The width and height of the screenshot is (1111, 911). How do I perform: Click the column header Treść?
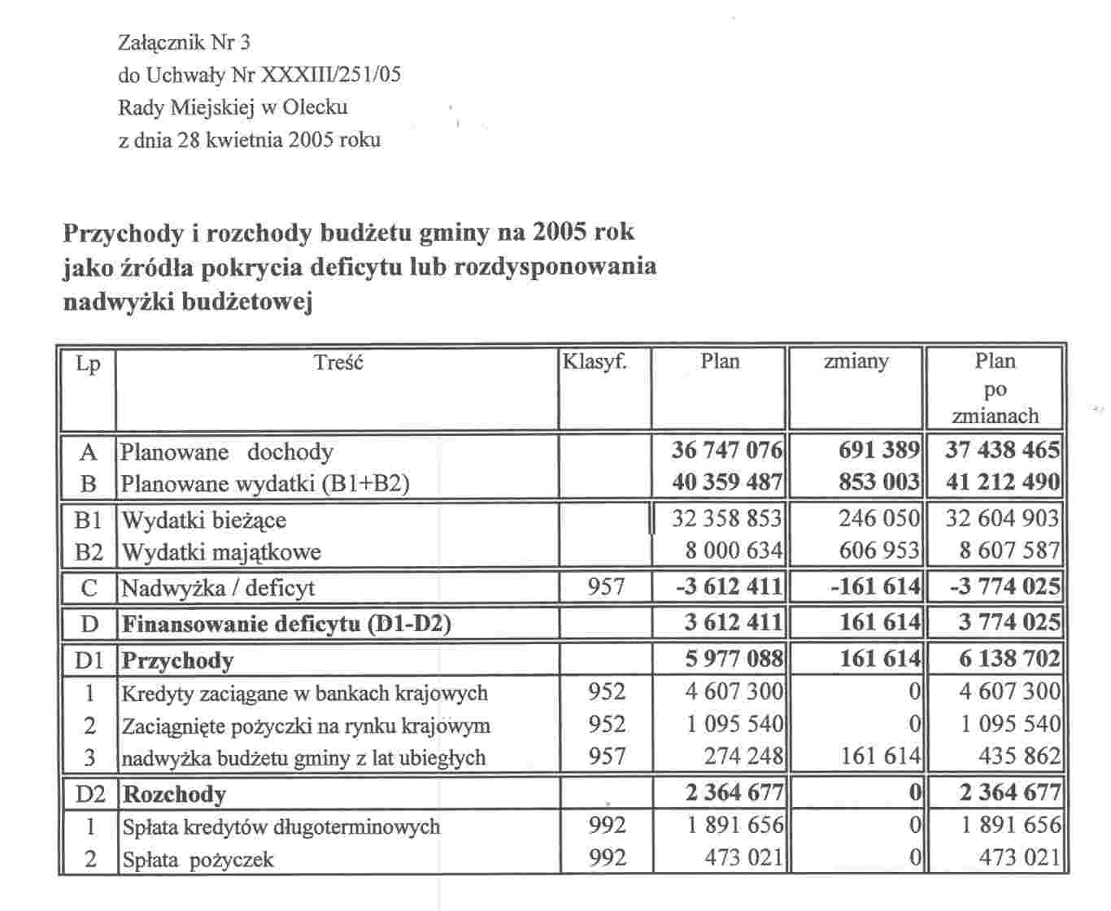point(338,363)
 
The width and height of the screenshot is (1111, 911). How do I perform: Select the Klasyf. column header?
point(595,361)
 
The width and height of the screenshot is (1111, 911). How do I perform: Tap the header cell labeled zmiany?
point(856,361)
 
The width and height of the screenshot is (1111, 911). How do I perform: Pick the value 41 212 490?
point(1002,483)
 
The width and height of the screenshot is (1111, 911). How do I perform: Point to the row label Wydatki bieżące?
point(203,520)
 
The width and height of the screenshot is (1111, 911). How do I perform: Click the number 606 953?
point(879,551)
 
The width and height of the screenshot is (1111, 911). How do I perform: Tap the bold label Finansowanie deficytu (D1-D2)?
point(285,624)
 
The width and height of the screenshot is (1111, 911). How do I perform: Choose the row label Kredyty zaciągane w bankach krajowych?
point(304,694)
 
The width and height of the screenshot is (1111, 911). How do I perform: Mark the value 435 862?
point(1019,756)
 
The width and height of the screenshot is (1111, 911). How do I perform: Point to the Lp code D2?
point(89,793)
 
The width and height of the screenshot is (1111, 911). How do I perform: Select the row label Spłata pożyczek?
point(198,860)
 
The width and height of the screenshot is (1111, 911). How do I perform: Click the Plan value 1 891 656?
point(733,826)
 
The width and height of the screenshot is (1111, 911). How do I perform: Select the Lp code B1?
point(89,520)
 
